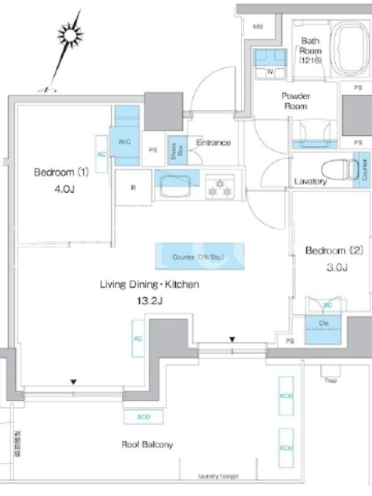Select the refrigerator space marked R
tap(133, 187)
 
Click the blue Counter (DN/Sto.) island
tap(199, 256)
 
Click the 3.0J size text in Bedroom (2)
tap(337, 268)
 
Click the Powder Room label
tap(296, 101)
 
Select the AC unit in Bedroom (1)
tap(102, 152)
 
